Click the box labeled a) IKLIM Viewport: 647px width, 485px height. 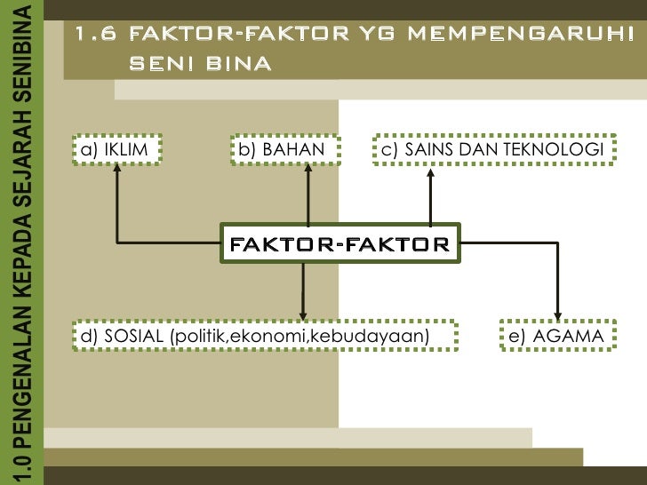pyautogui.click(x=117, y=149)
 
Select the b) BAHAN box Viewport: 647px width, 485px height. pyautogui.click(x=277, y=149)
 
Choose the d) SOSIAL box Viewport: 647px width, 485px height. pyautogui.click(x=263, y=336)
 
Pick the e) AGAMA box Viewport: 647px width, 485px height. pyautogui.click(x=556, y=336)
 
